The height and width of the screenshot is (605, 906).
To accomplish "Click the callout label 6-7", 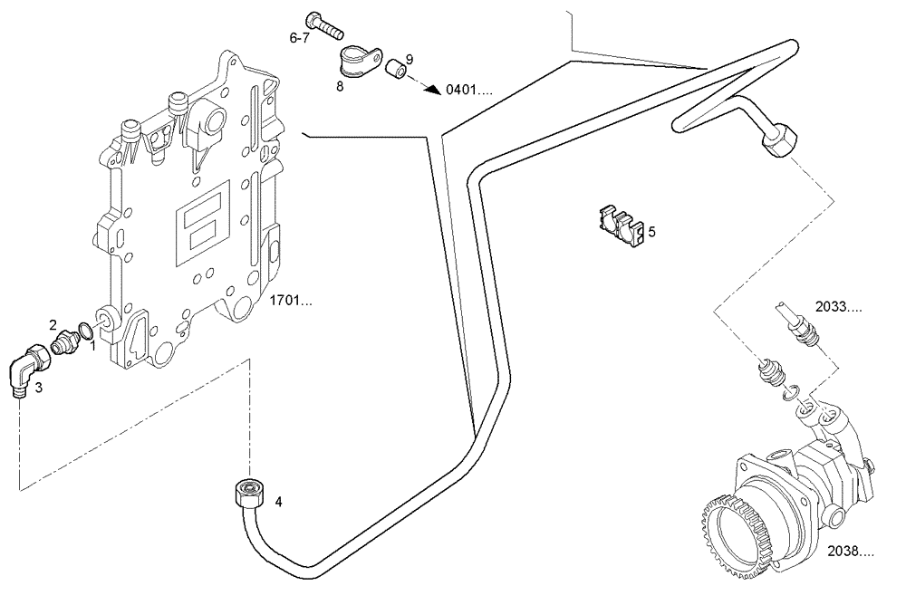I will click(299, 38).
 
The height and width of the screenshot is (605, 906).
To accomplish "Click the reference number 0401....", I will click(468, 91).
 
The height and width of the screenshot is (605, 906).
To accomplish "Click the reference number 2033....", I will click(838, 307).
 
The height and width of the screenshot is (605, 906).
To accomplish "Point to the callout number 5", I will click(651, 232).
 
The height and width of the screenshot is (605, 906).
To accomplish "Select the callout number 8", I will click(339, 87).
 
